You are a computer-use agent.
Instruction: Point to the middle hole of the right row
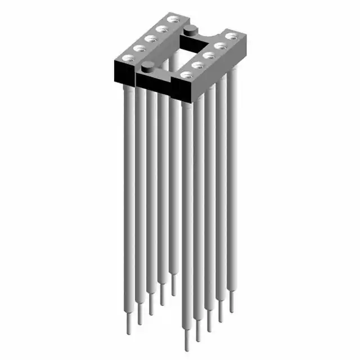(208, 55)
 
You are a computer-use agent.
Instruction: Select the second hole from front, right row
(197, 65)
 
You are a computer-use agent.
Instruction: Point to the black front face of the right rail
(186, 90)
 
